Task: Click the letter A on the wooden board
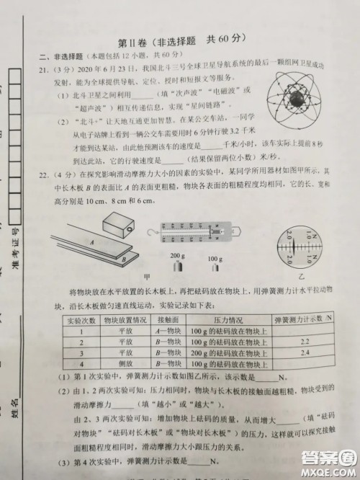[92, 244]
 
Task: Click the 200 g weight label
[176, 256]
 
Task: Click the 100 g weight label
[214, 258]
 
